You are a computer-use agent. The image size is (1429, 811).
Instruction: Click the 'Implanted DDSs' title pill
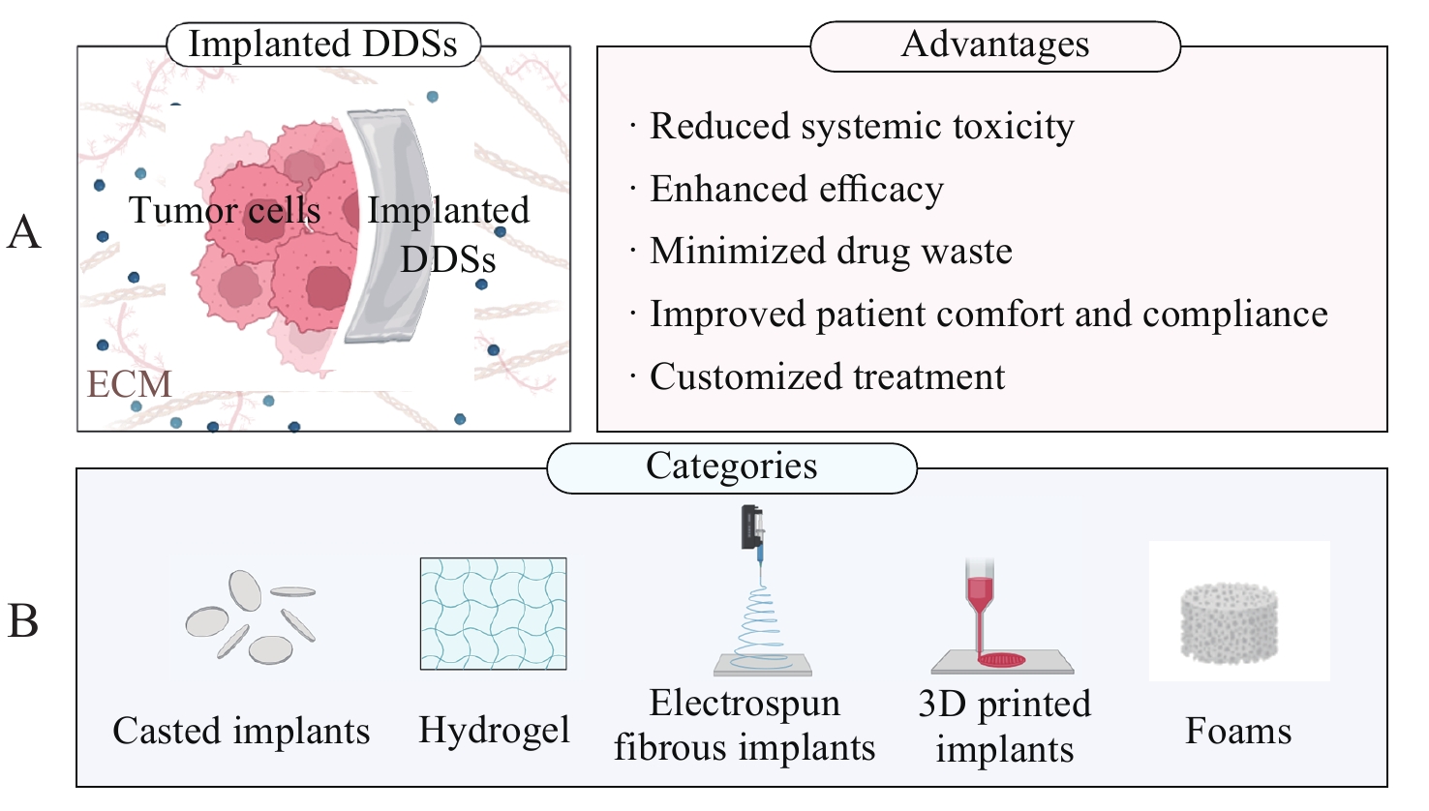[x=322, y=45]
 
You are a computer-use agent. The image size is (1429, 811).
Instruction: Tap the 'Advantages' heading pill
[x=994, y=45]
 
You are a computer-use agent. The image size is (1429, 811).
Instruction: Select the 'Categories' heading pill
[x=731, y=467]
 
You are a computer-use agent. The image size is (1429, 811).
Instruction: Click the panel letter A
[x=24, y=232]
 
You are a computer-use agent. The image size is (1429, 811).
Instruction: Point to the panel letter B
[x=23, y=620]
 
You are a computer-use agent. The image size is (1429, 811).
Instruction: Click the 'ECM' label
[x=129, y=385]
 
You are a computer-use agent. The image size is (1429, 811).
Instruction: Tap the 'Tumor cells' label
[x=225, y=211]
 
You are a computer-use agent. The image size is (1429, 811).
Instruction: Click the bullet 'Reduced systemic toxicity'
[x=862, y=127]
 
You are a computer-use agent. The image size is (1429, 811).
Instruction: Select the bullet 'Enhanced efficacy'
[x=796, y=190]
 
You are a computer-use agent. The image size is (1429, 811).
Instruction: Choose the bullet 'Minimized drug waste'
[x=831, y=252]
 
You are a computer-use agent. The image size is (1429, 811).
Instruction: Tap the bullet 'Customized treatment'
[x=827, y=376]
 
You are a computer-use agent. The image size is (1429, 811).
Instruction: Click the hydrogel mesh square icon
[x=493, y=614]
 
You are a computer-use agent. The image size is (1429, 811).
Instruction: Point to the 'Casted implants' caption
[x=241, y=731]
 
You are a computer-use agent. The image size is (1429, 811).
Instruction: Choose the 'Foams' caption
[x=1238, y=731]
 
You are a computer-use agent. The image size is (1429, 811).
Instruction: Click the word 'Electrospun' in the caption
[x=745, y=704]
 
